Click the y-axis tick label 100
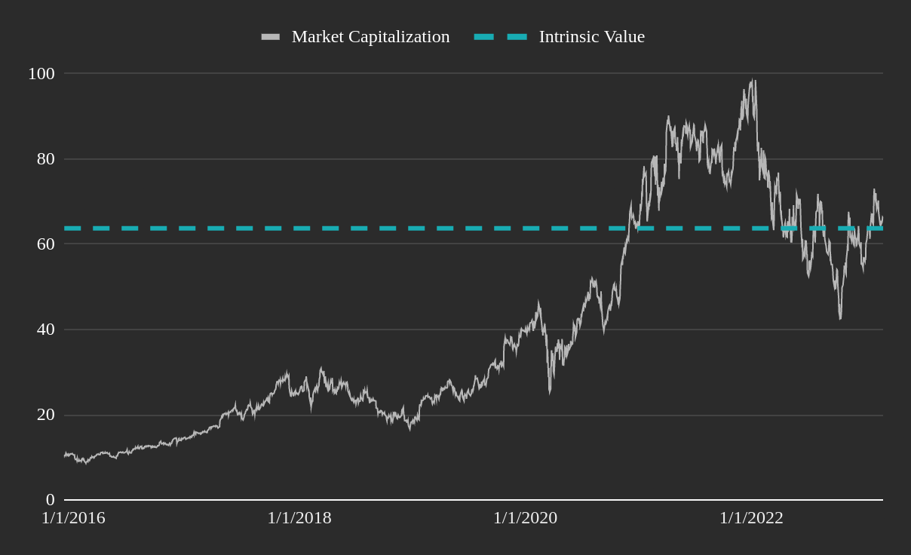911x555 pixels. tap(41, 74)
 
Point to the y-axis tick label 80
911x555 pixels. tap(45, 159)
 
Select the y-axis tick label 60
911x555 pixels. tap(45, 244)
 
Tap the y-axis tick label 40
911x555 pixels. tap(45, 330)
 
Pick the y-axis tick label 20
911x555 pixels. tap(45, 415)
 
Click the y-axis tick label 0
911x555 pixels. tap(50, 500)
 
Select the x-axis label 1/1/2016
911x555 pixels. tap(73, 518)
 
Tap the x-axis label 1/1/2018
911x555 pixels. tap(299, 518)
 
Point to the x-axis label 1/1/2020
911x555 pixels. tap(525, 518)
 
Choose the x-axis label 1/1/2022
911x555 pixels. tap(751, 518)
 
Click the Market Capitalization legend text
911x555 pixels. tap(370, 37)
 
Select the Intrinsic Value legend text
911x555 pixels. tap(591, 37)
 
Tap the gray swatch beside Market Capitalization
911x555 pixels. tap(271, 37)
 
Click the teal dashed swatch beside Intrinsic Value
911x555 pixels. tap(500, 37)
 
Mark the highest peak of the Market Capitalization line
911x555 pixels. tap(753, 80)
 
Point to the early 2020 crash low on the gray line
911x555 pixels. tap(550, 392)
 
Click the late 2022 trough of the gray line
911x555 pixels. tap(840, 318)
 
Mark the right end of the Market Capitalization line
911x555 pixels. tap(882, 219)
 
